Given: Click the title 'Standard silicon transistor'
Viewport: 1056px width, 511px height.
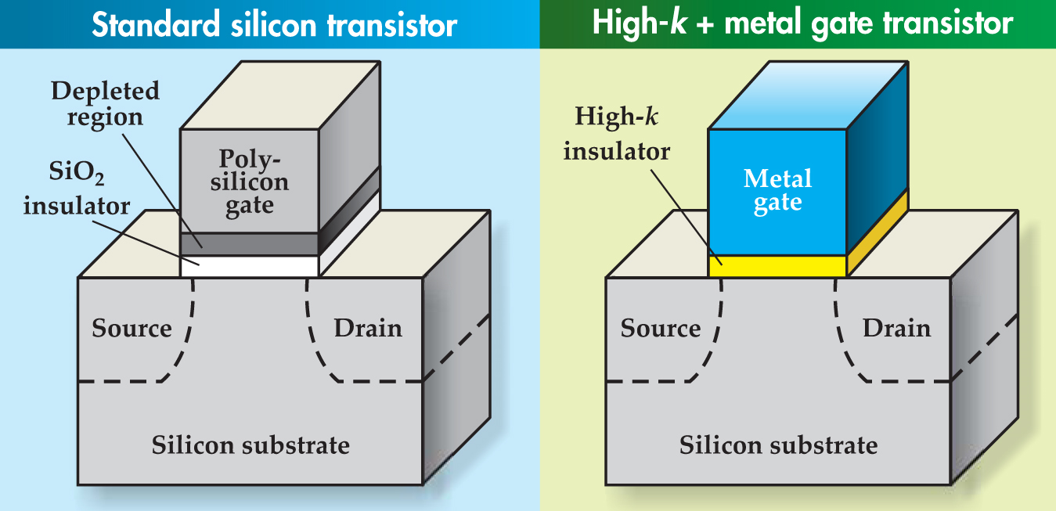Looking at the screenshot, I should [x=274, y=24].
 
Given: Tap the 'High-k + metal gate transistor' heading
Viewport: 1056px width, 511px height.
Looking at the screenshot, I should [x=802, y=24].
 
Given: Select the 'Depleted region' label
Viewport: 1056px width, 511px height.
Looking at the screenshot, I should [x=106, y=104].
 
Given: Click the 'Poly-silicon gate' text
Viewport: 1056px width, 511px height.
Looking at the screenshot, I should [x=250, y=182].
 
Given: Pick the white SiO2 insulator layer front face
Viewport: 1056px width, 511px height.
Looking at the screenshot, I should [x=249, y=266].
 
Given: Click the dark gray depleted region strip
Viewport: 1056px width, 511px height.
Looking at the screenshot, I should [x=249, y=243].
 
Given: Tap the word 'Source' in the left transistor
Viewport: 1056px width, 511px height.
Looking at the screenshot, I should [x=132, y=328].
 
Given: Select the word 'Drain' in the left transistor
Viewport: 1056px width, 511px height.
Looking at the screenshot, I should [x=368, y=328].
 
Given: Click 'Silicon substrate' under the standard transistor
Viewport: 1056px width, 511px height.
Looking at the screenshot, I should [x=250, y=446].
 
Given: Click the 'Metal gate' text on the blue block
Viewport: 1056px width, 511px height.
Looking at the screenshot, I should [x=777, y=190].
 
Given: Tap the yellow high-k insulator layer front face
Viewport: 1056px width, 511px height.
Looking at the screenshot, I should [x=777, y=266].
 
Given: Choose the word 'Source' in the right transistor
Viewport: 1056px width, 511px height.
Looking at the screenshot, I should [x=661, y=328].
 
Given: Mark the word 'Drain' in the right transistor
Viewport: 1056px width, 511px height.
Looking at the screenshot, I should [x=897, y=328].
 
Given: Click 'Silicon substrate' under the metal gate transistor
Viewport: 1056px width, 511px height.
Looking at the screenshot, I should [x=778, y=446].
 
